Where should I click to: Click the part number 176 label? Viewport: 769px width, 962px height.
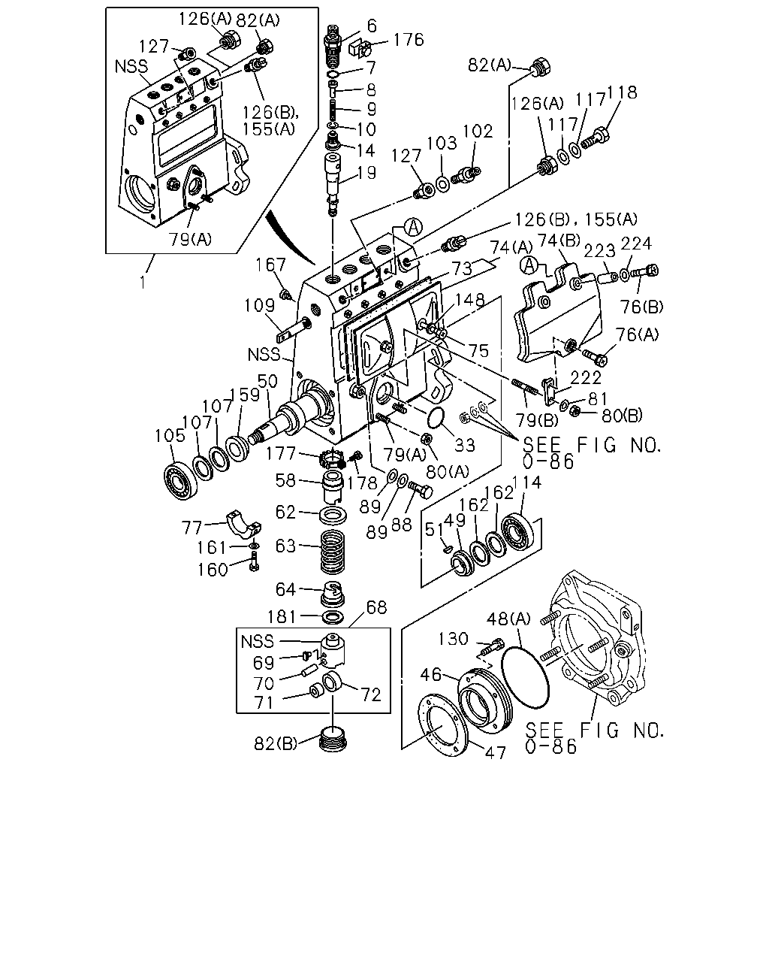(408, 40)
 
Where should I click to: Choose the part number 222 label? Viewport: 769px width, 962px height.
(586, 378)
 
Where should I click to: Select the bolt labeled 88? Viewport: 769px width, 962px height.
(420, 491)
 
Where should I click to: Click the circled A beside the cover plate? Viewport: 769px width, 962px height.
(529, 265)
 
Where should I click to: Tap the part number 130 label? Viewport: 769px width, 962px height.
(453, 639)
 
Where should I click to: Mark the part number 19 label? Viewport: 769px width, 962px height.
(366, 173)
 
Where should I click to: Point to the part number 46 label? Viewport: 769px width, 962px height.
(431, 674)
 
